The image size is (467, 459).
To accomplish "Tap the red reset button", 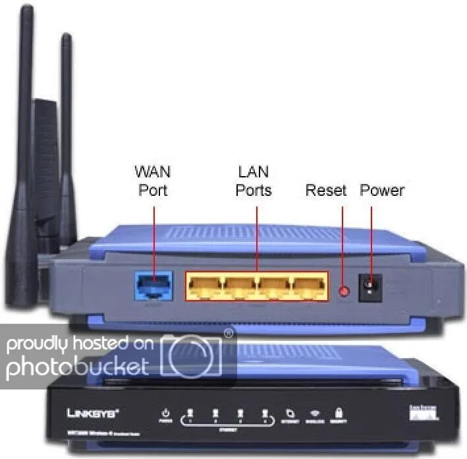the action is [x=343, y=290].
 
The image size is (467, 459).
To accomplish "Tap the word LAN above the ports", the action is [x=254, y=173].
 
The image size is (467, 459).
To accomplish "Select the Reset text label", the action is [x=326, y=191].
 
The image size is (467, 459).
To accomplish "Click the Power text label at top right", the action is [x=382, y=191].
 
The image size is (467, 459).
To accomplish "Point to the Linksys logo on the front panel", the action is [x=93, y=414].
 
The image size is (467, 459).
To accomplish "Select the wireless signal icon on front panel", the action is [x=315, y=414].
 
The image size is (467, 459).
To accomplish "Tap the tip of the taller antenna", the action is [x=26, y=10].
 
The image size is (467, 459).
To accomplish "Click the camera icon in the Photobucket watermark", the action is [x=191, y=356].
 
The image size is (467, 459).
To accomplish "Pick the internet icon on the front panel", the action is [x=290, y=414].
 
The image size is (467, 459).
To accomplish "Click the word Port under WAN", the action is [x=153, y=191].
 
